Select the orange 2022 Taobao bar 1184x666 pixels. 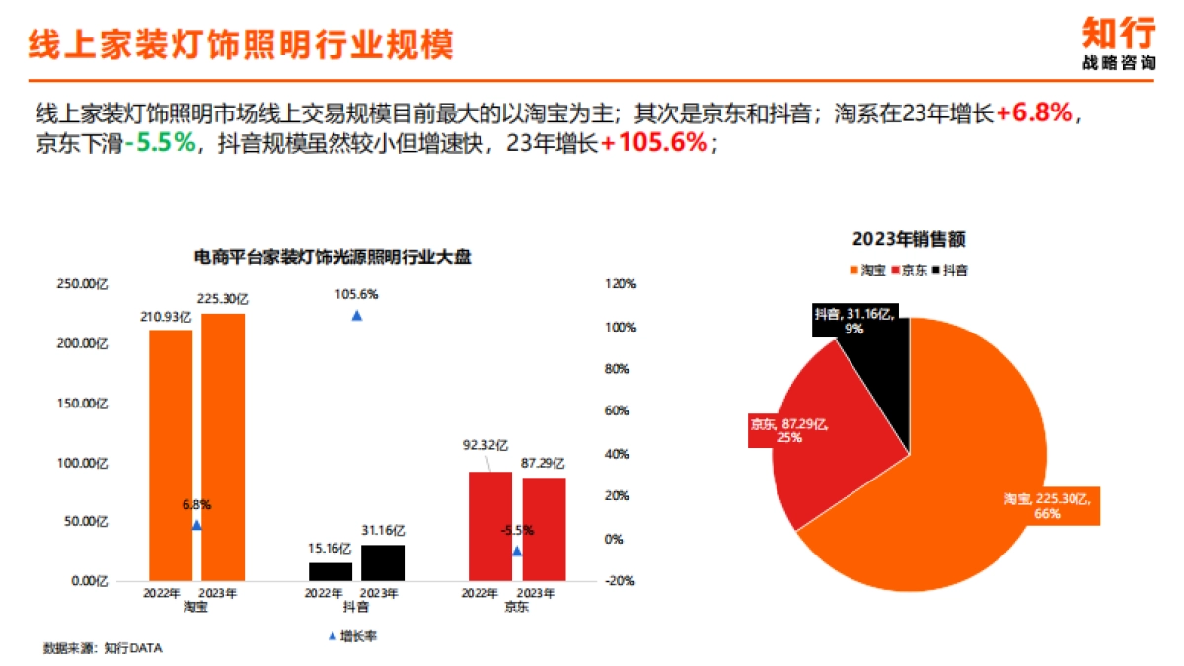[171, 454]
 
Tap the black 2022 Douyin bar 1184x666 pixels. [330, 571]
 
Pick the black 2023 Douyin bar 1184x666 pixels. [383, 561]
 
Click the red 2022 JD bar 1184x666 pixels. [490, 526]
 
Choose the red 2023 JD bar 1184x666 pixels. [544, 529]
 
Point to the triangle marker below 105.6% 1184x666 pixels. [357, 316]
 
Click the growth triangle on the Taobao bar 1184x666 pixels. [196, 526]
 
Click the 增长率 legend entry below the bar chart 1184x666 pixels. [352, 636]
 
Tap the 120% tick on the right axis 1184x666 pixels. [621, 284]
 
